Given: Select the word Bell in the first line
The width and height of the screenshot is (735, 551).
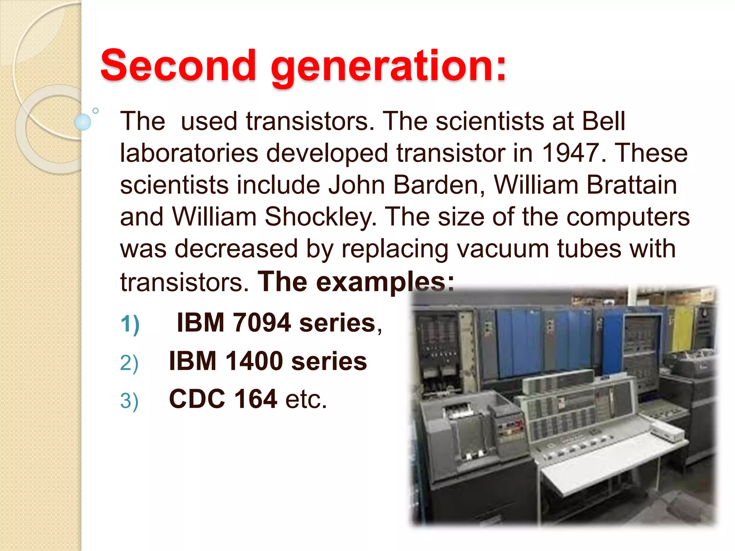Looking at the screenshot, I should tap(603, 121).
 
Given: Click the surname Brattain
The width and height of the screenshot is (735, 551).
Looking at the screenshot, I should tap(631, 185).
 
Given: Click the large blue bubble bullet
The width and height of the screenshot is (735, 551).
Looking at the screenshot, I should tap(83, 122).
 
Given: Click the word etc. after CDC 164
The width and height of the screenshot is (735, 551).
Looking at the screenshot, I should tap(306, 399).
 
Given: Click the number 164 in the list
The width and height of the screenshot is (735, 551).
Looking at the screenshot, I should tap(255, 399).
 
